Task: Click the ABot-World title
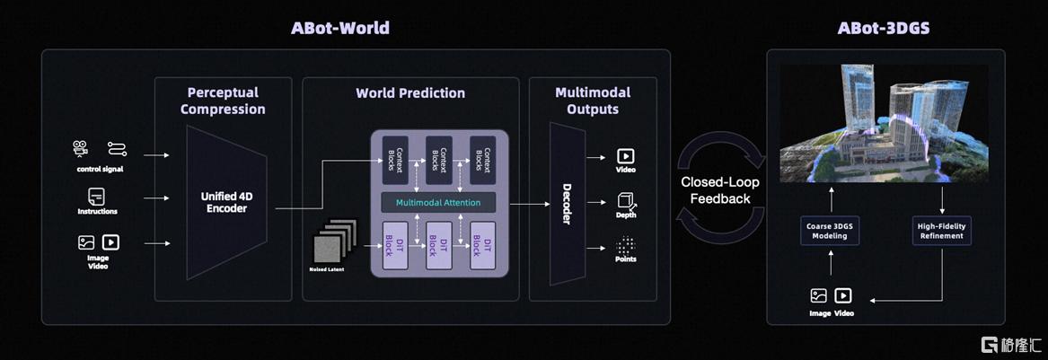(340, 29)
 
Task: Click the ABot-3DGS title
(883, 29)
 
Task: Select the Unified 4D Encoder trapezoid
(226, 202)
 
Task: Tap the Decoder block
(567, 204)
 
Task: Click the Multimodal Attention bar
(438, 202)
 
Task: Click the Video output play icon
(626, 156)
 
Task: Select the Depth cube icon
(626, 201)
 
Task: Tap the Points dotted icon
(626, 244)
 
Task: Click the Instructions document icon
(97, 197)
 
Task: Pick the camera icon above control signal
(81, 148)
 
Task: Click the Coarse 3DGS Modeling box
(831, 231)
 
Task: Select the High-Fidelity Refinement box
(942, 231)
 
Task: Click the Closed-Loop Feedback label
(720, 190)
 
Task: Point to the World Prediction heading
(410, 92)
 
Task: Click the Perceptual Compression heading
(224, 101)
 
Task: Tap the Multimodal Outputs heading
(593, 101)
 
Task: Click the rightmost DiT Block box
(482, 245)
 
